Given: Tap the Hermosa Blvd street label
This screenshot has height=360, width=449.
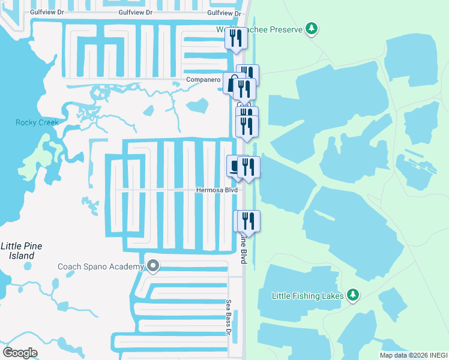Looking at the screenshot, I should pos(217,191).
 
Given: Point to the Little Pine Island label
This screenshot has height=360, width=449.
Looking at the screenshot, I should pos(17,251).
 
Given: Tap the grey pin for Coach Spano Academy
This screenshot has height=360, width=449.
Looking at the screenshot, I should pos(153,265).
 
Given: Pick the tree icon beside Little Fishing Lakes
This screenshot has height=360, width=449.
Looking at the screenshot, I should pos(354,295).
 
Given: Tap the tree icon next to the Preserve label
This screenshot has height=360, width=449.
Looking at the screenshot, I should pos(311,28).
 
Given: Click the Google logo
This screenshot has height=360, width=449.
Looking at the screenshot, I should pos(20,353).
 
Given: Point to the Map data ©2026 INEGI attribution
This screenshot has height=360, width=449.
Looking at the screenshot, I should pos(414,355).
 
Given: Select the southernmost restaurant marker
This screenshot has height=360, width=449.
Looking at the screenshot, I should pos(247,221).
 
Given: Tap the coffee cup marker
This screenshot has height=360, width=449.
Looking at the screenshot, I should pos(234,166).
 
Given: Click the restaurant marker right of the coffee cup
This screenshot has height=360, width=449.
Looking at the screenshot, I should pos(249,167).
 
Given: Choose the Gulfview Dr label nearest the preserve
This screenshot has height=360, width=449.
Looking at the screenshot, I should pos(223,13).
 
